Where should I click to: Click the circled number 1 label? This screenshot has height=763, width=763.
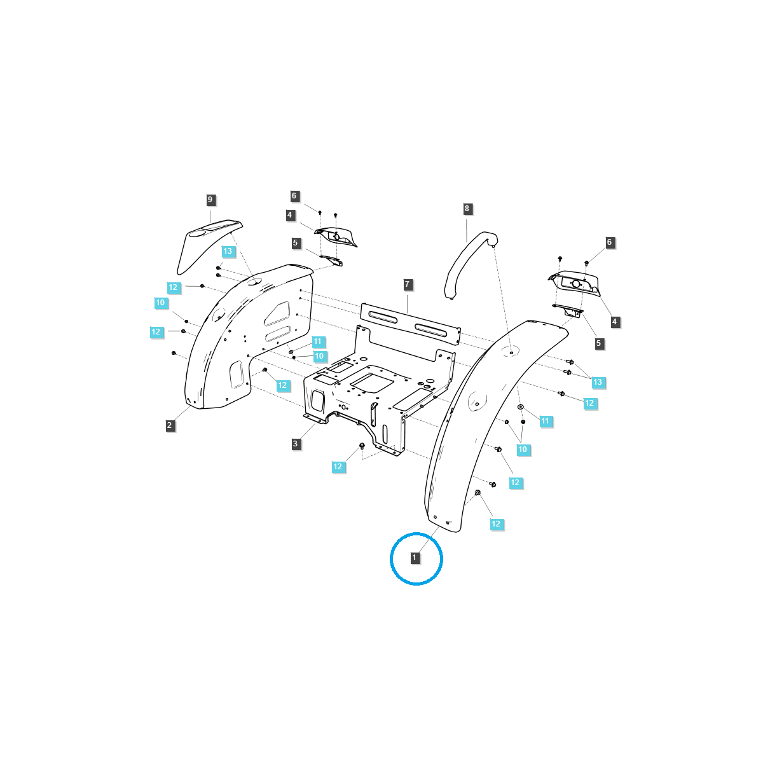click(x=415, y=558)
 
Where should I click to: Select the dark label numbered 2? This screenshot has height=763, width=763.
click(x=170, y=425)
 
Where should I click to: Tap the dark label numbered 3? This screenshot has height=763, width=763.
click(x=296, y=444)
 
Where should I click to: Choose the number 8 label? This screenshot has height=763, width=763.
click(x=467, y=209)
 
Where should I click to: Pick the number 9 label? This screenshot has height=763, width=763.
click(x=210, y=200)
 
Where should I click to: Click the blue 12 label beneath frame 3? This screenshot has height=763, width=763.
click(x=338, y=467)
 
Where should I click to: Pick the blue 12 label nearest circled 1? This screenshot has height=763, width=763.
click(x=496, y=524)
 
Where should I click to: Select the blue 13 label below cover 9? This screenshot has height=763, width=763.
click(x=228, y=251)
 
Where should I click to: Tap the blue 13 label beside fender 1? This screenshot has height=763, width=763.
click(x=598, y=382)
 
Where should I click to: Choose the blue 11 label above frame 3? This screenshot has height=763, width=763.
click(x=317, y=342)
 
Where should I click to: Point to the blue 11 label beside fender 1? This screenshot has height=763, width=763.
click(x=545, y=421)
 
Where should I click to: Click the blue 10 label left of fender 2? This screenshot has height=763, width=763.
click(x=160, y=303)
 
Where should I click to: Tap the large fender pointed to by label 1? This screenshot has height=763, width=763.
click(x=471, y=432)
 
